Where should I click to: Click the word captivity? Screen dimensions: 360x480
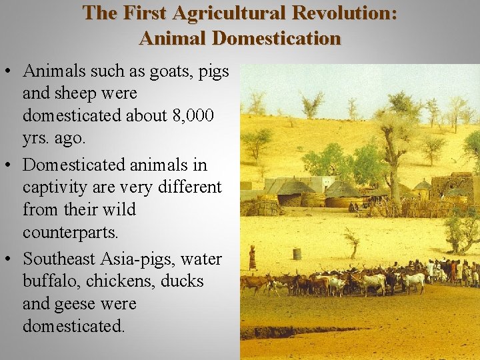[55, 187]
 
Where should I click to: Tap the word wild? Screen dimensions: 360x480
[116, 210]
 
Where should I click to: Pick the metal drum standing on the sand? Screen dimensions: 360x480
[297, 253]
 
